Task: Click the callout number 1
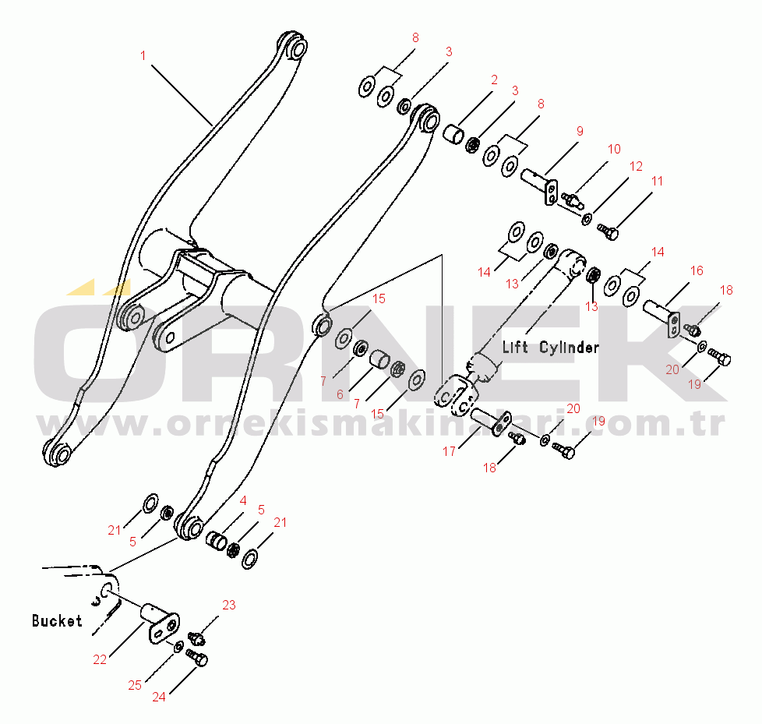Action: click(143, 55)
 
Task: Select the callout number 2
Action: click(493, 79)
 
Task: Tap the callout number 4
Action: click(243, 500)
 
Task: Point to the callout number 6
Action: click(340, 395)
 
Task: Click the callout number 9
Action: click(580, 132)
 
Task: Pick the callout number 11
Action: click(658, 181)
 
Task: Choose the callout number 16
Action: click(697, 270)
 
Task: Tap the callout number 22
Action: click(100, 659)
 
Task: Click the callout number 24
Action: click(159, 698)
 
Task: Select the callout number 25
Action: click(135, 685)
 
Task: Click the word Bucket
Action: click(57, 621)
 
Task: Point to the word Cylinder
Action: click(569, 347)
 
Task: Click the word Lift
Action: click(515, 347)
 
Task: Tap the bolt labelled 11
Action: click(608, 231)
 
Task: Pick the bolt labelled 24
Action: click(198, 659)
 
